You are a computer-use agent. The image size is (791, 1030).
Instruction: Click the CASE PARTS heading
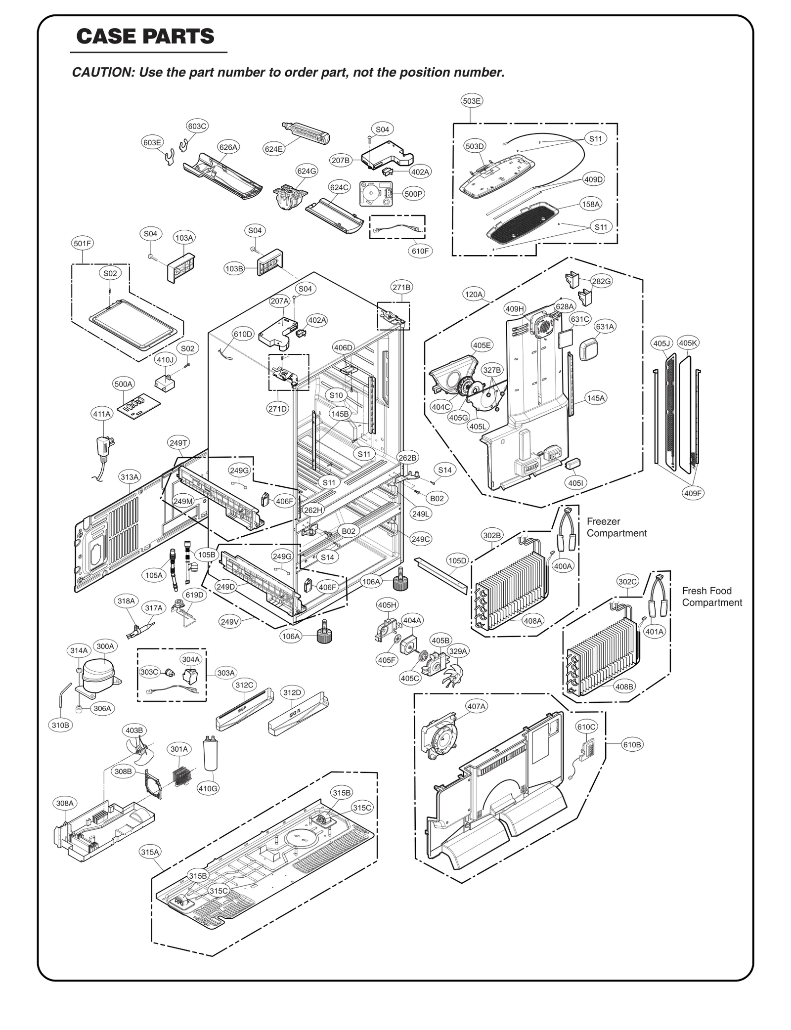click(145, 36)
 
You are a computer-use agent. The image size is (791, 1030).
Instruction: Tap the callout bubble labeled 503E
click(472, 101)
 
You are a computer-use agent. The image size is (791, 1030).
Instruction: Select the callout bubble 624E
click(273, 149)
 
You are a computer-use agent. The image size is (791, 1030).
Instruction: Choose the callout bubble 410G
click(208, 788)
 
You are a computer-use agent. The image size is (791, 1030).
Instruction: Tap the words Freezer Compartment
click(616, 527)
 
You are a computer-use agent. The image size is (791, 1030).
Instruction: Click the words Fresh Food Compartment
click(711, 596)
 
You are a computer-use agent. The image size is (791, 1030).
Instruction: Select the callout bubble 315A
click(150, 852)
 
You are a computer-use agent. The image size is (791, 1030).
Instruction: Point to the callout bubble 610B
click(632, 745)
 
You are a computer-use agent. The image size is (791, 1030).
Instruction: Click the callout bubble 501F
click(82, 243)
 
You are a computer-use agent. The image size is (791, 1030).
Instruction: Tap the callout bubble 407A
click(476, 706)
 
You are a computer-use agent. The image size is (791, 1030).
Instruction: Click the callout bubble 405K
click(688, 343)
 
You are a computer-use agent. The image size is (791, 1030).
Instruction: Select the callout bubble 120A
click(473, 294)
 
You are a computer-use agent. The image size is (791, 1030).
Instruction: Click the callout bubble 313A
click(130, 477)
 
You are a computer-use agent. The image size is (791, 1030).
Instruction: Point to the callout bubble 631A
click(604, 326)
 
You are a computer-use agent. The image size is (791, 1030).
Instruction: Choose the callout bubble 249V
click(230, 622)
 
